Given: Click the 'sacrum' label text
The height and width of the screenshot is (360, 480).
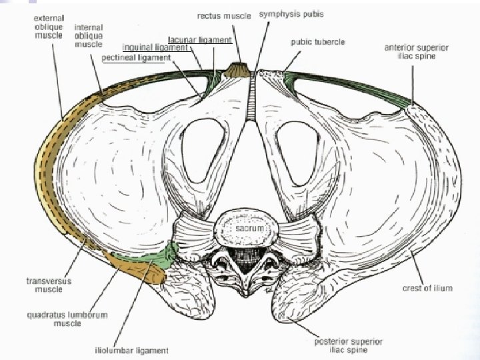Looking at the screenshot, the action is [250, 228].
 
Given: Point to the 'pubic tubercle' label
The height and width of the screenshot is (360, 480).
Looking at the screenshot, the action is [317, 41].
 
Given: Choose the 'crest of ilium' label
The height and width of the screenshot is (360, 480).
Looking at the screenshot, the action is [427, 288].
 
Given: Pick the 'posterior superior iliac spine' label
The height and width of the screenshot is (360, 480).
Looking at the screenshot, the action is [349, 345].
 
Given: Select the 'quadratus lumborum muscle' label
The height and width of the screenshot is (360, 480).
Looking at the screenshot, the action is [71, 319].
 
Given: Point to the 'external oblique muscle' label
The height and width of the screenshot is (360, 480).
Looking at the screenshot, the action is [48, 26].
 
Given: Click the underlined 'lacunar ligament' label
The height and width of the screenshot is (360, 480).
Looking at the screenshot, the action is [200, 40].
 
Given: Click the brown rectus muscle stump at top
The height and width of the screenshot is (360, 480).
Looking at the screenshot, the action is [235, 69].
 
